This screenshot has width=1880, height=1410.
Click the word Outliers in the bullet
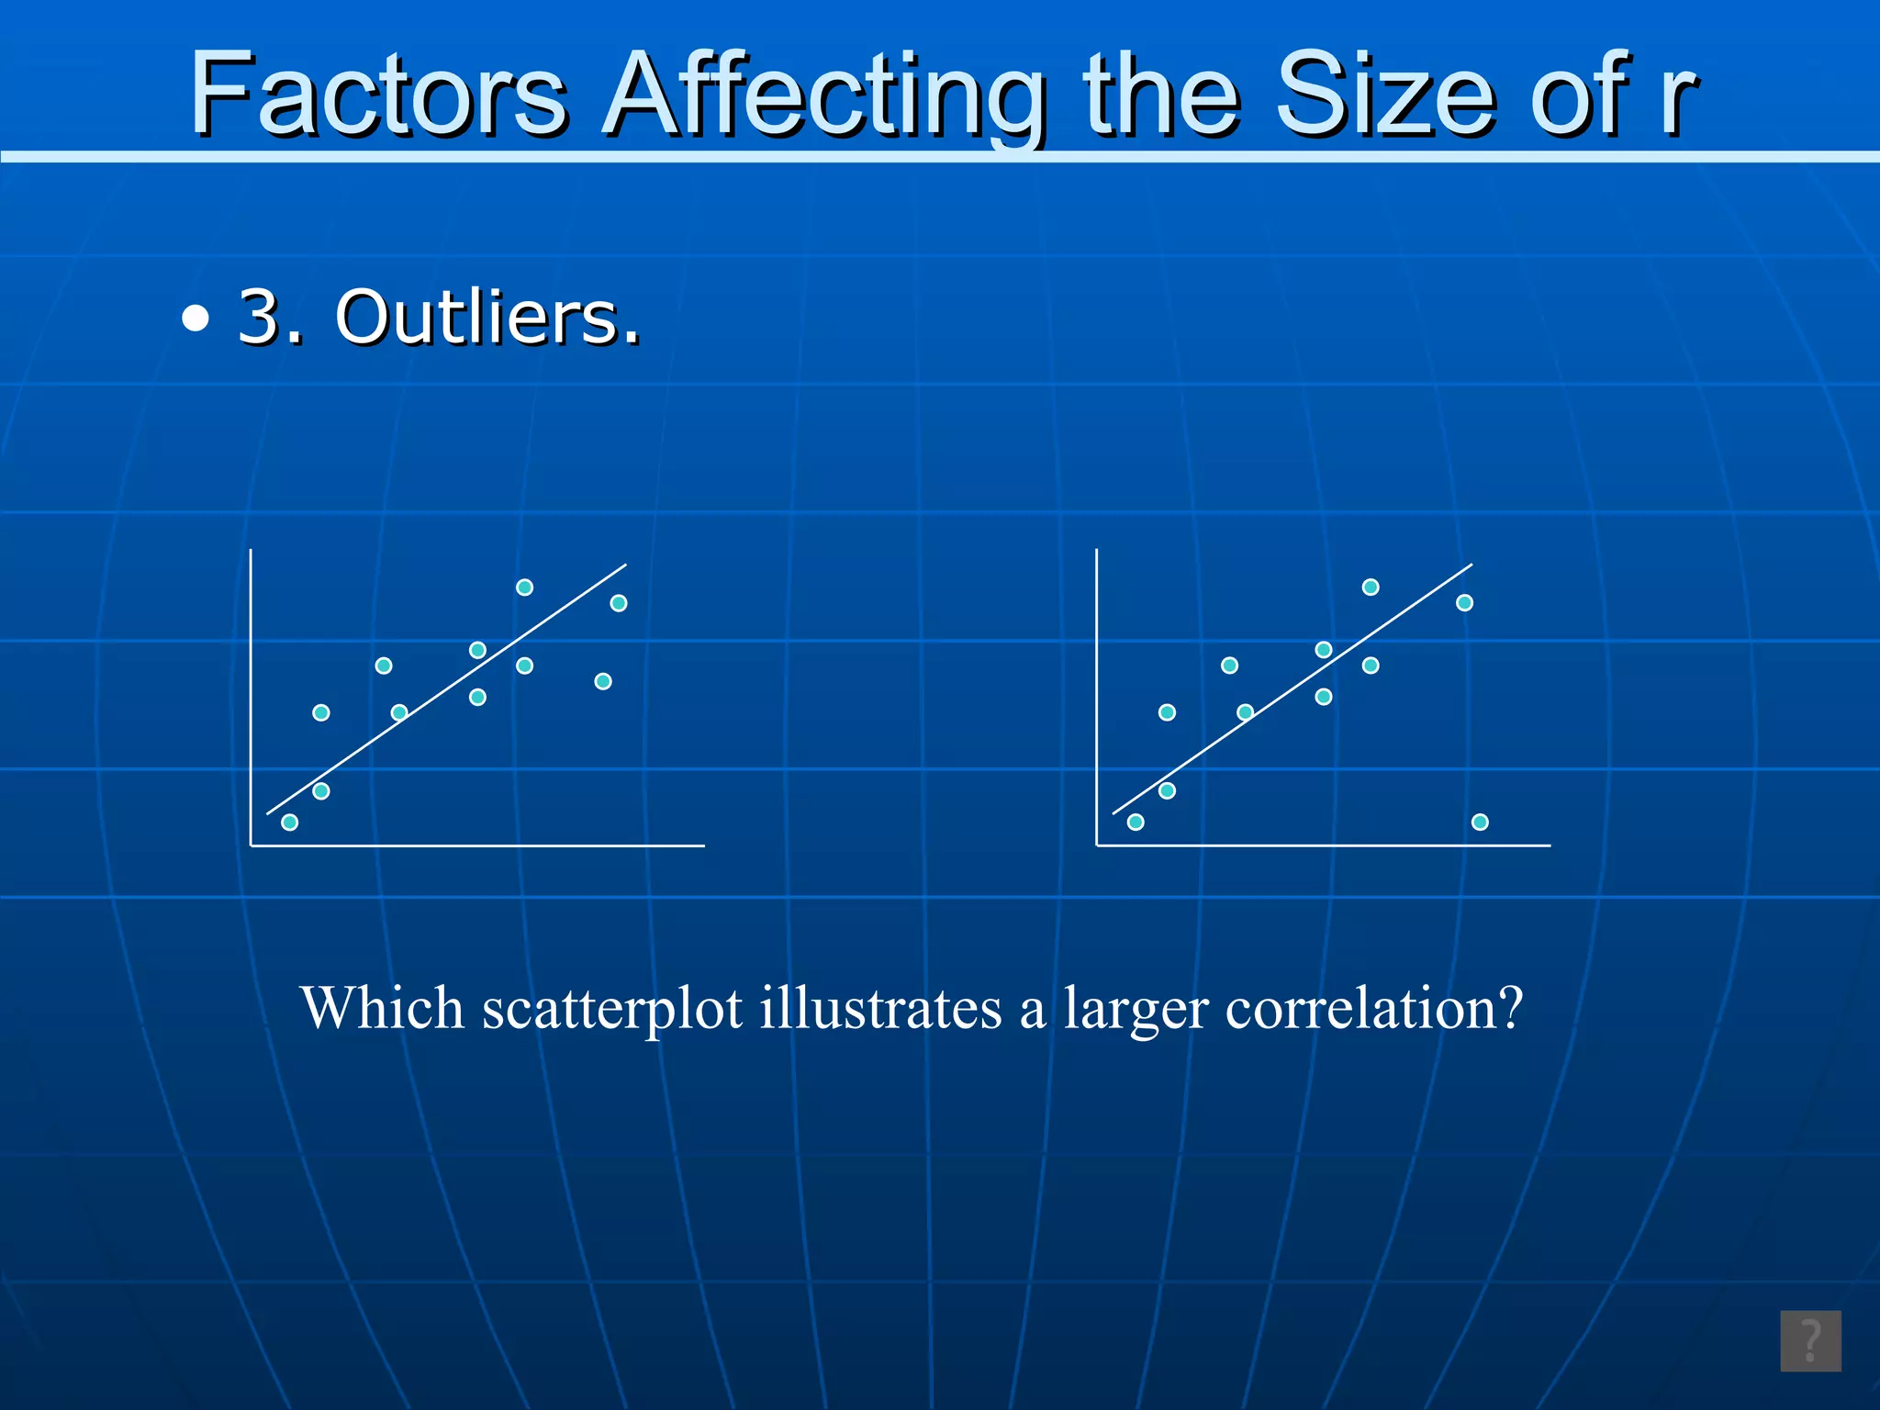coord(487,317)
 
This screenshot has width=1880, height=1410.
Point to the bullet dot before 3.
coord(195,320)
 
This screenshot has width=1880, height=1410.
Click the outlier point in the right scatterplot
coord(1480,822)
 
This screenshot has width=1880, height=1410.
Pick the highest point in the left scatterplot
coord(524,587)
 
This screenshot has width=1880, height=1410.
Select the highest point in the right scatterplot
coord(1371,587)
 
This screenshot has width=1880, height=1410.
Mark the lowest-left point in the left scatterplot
coord(289,822)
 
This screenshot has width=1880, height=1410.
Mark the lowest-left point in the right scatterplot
coord(1136,822)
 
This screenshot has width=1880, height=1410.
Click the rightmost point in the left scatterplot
coord(619,602)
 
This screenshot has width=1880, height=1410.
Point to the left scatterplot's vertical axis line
coord(251,698)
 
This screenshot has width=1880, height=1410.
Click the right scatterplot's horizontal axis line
coord(1322,845)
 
